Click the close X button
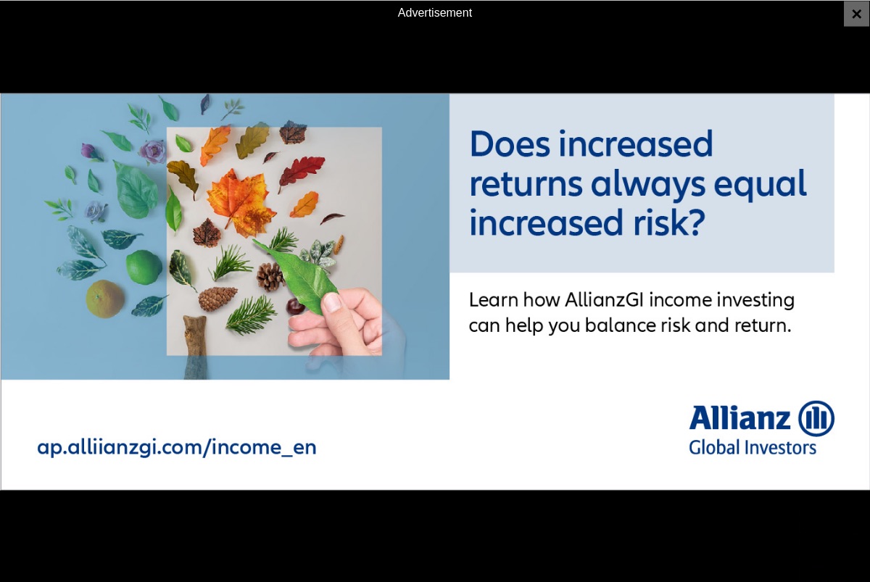coord(856,14)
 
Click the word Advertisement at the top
coord(434,13)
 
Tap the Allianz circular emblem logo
coord(816,418)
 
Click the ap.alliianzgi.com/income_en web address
coord(177,447)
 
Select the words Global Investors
coord(753,448)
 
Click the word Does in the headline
coord(510,144)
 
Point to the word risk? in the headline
coord(669,223)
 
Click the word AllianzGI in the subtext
coord(605,300)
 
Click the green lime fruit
coord(144,267)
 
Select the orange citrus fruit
coord(105,299)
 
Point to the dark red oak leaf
coord(302,172)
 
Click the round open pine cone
coord(270,276)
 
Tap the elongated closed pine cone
coord(217,298)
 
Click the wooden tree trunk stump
coord(195,346)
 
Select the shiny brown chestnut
coord(296,307)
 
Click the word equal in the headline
coord(760,184)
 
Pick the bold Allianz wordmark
coord(739,417)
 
